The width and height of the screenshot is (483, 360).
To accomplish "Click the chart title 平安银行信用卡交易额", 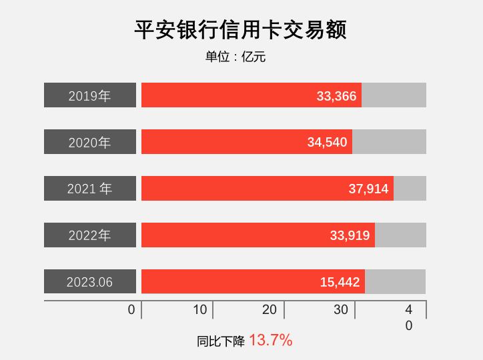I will point(241,30).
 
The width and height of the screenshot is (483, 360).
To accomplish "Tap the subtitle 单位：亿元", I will point(235,57).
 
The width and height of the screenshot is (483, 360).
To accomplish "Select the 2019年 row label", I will point(90,95).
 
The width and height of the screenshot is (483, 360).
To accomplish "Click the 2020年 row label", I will point(90,142).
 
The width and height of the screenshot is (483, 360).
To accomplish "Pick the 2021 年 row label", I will point(90,189).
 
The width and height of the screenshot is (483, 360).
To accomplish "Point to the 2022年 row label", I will point(90,235).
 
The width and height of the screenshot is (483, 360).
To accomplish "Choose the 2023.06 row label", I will point(90,282).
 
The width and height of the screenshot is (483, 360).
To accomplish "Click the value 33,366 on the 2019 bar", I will point(336,96).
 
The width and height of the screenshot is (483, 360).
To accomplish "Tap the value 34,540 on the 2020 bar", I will point(327,143).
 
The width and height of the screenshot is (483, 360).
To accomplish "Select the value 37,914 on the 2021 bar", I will point(368,189).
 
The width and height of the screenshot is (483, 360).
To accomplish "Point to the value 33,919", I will point(350,236).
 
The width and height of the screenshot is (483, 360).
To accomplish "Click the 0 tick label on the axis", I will point(131,310).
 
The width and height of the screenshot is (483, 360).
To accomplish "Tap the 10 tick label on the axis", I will point(199,310).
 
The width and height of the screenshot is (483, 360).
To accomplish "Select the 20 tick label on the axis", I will point(270,310).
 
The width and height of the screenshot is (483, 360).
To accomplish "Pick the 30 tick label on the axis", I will point(341,310).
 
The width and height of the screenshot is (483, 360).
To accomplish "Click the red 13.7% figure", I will point(271,341).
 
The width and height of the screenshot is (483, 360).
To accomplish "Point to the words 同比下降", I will point(221,341).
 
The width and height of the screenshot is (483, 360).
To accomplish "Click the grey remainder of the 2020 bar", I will point(389,142).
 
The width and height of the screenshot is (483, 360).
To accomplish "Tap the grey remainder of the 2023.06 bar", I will point(396,282).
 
